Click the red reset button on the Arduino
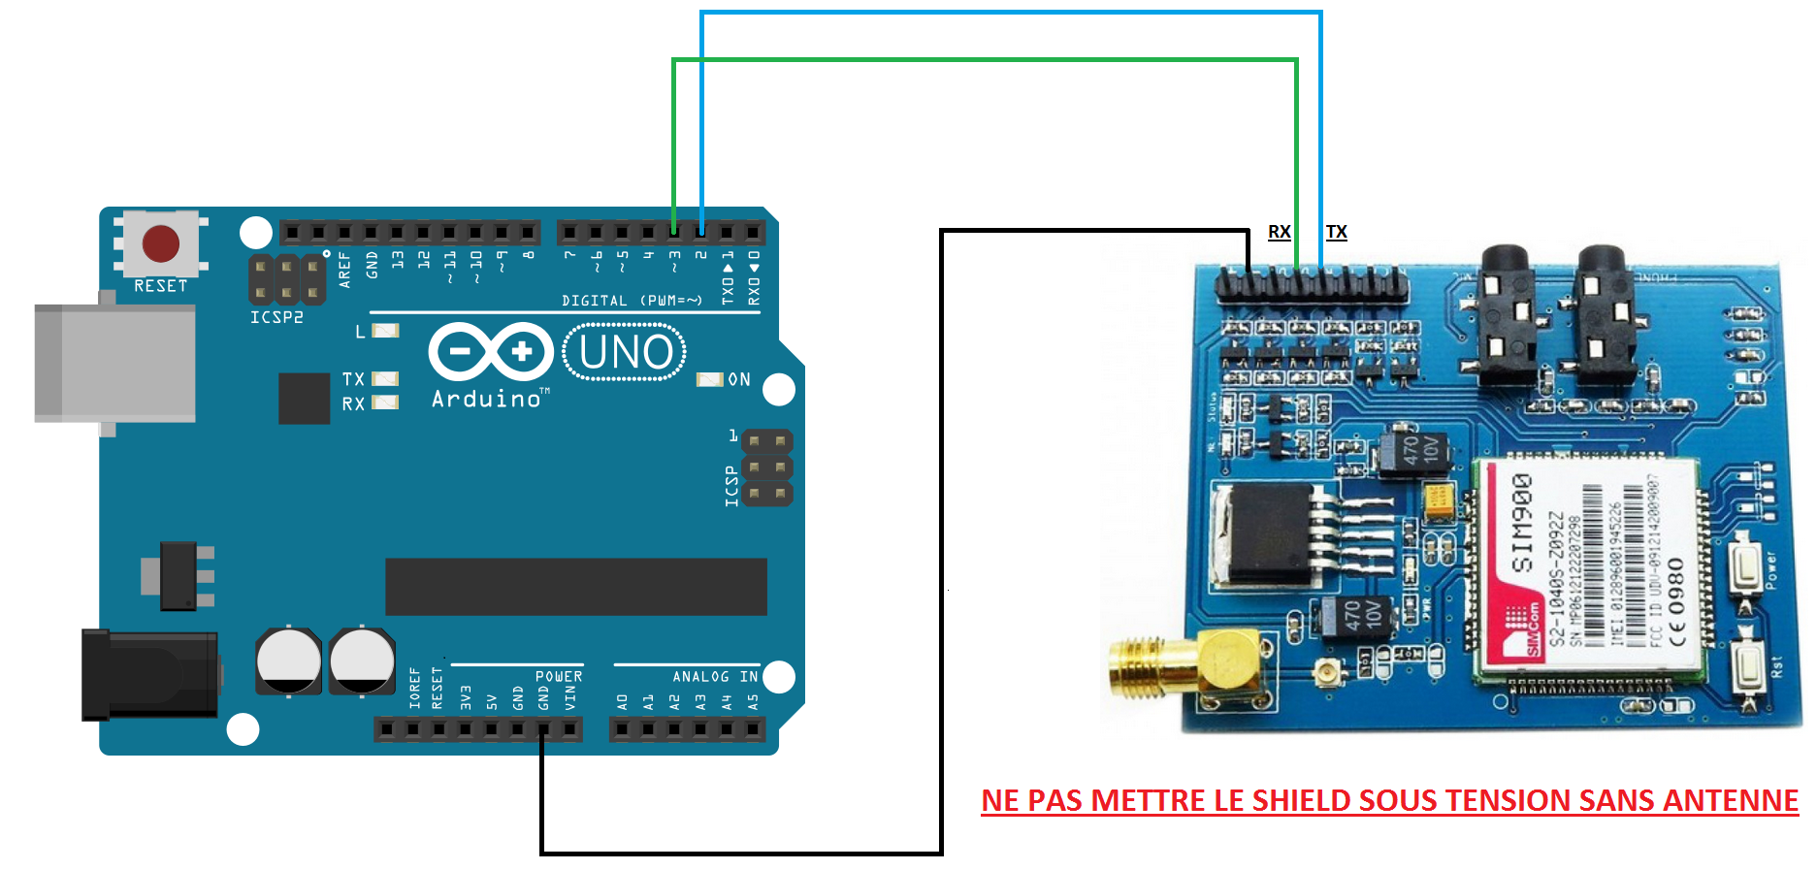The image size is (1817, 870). [161, 243]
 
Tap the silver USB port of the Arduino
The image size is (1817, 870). [114, 364]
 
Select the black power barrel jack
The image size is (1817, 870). [150, 674]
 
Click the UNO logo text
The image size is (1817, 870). [625, 352]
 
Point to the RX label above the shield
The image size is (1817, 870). [1279, 232]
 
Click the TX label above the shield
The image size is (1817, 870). [1336, 232]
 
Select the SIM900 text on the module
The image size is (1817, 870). [1523, 523]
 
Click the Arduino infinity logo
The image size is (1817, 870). [491, 351]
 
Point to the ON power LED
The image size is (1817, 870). [710, 379]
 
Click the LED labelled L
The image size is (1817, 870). [385, 331]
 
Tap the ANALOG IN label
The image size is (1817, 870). [715, 677]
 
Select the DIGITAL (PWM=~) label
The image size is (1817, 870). [632, 301]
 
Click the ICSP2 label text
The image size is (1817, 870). [276, 317]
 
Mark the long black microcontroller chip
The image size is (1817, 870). [575, 586]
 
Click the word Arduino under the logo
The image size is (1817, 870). [486, 399]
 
